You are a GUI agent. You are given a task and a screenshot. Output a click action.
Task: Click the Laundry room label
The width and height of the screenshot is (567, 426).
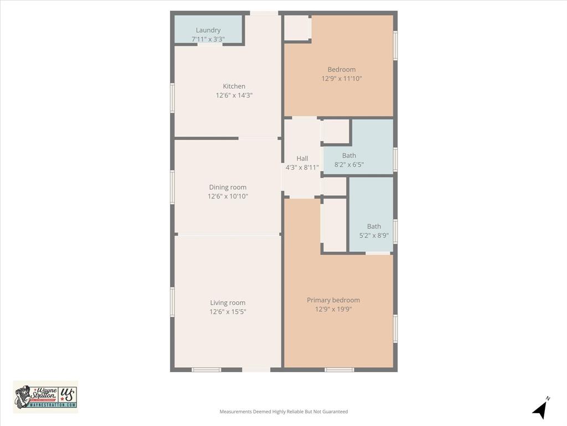[x=208, y=30]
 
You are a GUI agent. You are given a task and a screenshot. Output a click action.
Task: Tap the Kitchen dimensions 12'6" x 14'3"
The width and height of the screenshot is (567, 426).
[x=234, y=95]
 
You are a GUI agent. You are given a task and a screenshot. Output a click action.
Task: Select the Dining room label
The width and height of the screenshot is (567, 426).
[x=228, y=187]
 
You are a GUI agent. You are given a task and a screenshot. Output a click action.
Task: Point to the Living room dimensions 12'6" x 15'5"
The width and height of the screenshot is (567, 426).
[x=228, y=312]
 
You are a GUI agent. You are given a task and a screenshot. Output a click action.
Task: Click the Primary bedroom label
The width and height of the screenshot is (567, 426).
[x=333, y=300]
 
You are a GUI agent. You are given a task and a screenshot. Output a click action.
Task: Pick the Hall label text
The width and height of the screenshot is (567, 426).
[x=302, y=159]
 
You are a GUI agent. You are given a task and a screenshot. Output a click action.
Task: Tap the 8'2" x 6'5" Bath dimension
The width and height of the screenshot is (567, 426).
[x=349, y=165]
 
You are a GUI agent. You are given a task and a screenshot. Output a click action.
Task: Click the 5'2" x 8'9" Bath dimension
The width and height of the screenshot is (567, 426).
[x=374, y=235]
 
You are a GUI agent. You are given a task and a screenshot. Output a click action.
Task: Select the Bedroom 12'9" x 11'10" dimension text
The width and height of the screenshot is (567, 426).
[x=342, y=79]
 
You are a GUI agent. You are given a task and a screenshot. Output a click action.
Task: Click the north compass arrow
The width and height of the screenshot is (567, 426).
[x=540, y=409]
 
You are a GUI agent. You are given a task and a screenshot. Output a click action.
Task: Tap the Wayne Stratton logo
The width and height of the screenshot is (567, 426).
[x=45, y=397]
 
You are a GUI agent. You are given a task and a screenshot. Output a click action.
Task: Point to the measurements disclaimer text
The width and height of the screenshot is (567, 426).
[x=283, y=412]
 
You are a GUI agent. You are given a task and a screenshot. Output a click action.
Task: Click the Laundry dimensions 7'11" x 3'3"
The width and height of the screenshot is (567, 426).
[x=208, y=39]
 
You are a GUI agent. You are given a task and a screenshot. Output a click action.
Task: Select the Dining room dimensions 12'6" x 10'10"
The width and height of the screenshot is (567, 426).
[x=228, y=196]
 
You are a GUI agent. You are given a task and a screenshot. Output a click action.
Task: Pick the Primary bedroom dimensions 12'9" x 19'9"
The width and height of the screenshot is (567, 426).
[x=333, y=309]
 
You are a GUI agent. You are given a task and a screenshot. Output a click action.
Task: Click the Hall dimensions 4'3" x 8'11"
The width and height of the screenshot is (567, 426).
[x=302, y=168]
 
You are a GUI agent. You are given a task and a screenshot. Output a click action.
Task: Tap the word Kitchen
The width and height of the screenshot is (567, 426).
[x=234, y=87]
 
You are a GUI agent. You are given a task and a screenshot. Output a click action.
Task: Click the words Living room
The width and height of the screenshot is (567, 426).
[x=228, y=303]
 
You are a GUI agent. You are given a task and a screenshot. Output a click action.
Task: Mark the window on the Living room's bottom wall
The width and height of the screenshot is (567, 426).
[x=207, y=369]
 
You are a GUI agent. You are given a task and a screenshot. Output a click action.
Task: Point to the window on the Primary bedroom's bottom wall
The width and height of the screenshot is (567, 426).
[x=339, y=369]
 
